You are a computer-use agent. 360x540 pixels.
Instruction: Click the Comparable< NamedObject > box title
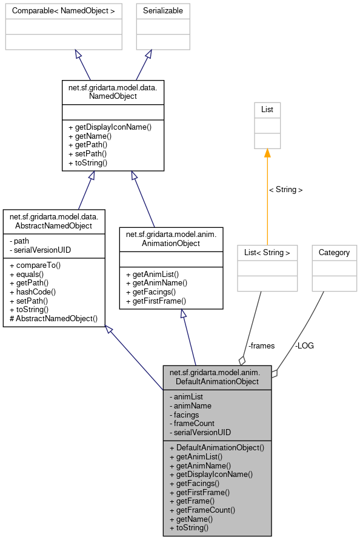64,11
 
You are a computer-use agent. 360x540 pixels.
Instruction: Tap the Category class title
334,252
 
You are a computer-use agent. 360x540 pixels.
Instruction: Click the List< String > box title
267,252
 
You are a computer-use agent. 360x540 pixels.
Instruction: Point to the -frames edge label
261,345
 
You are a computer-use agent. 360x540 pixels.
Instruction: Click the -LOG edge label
304,345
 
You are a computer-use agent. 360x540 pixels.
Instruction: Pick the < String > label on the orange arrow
286,190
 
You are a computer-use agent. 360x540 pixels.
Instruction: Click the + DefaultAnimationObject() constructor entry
217,447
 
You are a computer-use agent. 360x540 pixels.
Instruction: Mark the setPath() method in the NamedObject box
92,154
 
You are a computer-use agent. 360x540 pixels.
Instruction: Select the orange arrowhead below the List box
267,153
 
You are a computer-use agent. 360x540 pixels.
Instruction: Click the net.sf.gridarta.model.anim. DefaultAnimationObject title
217,377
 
